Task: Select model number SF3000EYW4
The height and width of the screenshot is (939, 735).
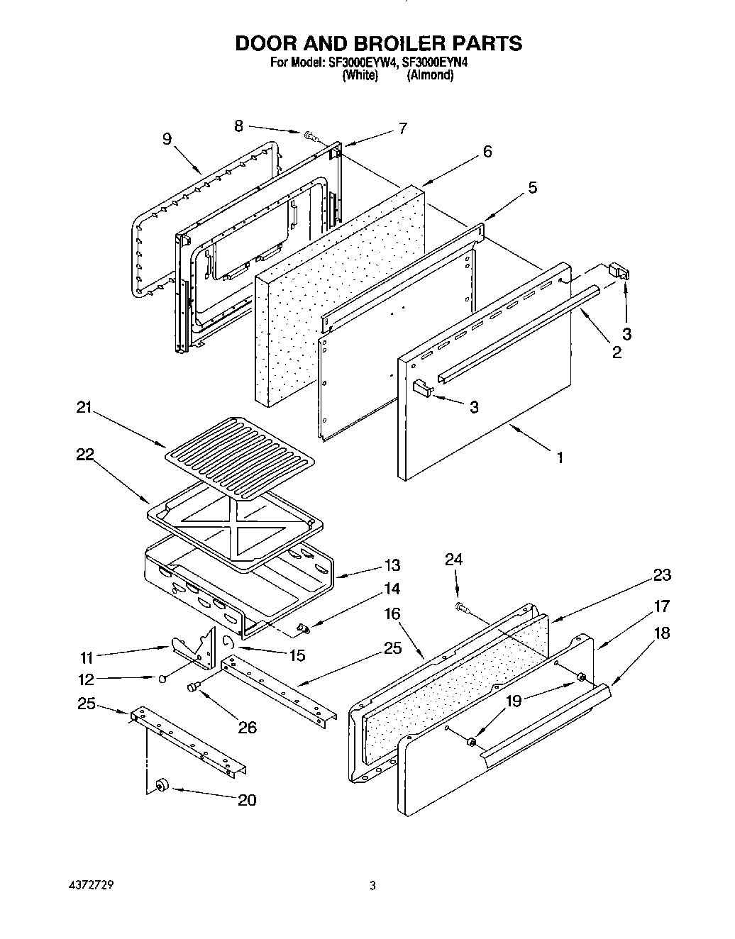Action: click(363, 62)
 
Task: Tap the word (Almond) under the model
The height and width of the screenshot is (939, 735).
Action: click(429, 74)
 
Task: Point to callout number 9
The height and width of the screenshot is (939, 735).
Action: click(167, 139)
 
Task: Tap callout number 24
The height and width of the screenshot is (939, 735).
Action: click(453, 560)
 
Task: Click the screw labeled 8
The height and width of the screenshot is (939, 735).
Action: click(311, 135)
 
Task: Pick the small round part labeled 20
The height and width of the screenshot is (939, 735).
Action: click(160, 784)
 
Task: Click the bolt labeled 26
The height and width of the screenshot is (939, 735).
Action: click(194, 687)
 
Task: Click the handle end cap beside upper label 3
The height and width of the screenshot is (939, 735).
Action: click(619, 272)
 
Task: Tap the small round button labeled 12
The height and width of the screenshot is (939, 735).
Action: click(162, 679)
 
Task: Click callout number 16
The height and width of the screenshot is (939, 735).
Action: click(392, 613)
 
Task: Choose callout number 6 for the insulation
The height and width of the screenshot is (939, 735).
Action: click(487, 151)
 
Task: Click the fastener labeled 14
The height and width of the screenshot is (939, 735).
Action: click(303, 627)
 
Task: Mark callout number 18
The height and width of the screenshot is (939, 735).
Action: click(661, 633)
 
